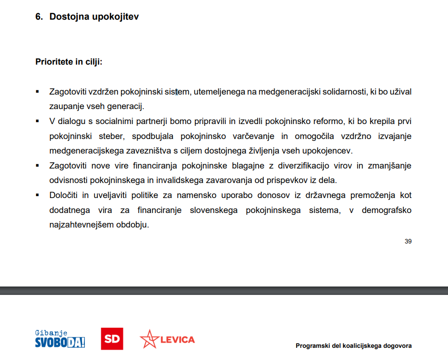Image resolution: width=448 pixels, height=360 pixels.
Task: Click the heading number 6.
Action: (x=38, y=17)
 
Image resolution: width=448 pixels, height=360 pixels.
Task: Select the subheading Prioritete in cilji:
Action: (x=69, y=62)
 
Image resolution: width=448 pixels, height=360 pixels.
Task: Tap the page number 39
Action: (x=408, y=242)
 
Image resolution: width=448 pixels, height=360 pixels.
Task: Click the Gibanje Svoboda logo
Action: (x=60, y=339)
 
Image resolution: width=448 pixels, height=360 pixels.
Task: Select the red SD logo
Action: (x=112, y=339)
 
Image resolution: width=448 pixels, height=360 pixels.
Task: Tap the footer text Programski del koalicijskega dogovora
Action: (x=354, y=346)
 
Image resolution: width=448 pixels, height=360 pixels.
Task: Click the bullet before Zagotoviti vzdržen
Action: (x=37, y=91)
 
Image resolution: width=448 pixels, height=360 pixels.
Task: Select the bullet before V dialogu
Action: (x=37, y=121)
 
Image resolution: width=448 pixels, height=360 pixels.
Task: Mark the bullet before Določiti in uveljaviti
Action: (x=37, y=195)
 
